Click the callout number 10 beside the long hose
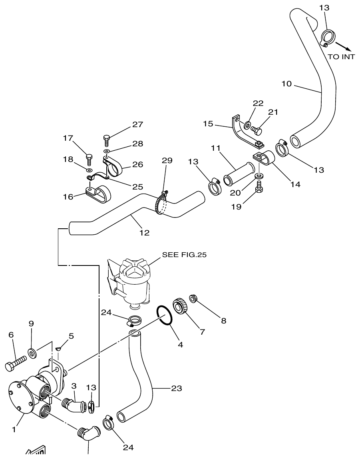pos(286,84)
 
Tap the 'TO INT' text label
pos(341,57)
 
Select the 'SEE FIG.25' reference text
pos(184,255)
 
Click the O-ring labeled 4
pos(165,314)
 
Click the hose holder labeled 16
pos(98,194)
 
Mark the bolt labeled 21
pos(257,130)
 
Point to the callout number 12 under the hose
pos(144,233)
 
